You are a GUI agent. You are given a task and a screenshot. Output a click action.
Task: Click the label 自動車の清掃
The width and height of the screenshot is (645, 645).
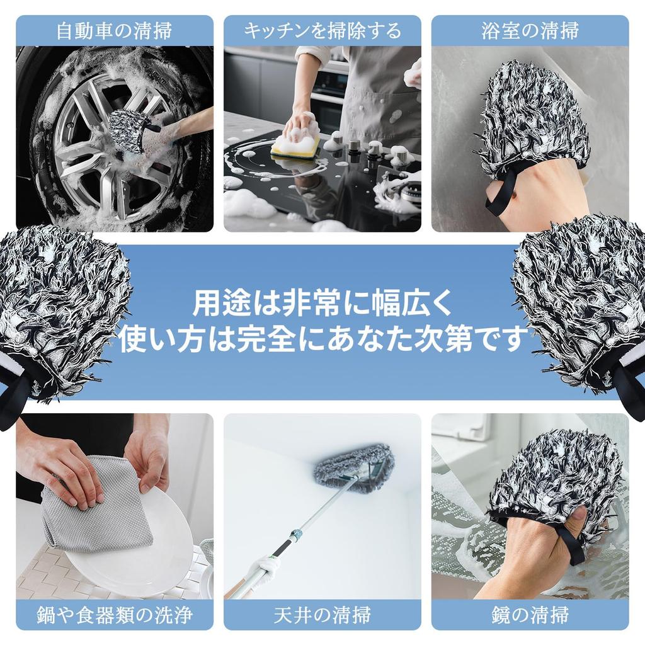click(114, 31)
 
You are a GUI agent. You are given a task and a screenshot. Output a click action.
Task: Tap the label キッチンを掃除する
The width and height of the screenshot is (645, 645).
click(322, 31)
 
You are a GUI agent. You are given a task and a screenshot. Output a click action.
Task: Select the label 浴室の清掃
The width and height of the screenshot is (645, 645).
click(530, 31)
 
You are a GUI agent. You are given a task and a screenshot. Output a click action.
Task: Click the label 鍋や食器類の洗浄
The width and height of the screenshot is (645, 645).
click(114, 614)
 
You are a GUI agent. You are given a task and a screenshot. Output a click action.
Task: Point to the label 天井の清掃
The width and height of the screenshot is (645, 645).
click(322, 614)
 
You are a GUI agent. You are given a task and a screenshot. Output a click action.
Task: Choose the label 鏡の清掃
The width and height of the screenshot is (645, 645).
click(530, 614)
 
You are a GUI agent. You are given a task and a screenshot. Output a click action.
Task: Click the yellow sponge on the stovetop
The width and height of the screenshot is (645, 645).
click(295, 147)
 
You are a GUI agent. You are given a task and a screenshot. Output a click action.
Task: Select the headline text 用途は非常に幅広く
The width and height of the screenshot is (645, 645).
click(322, 304)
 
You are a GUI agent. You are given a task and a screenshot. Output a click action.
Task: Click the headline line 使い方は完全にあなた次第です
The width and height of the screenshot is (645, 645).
click(322, 340)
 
